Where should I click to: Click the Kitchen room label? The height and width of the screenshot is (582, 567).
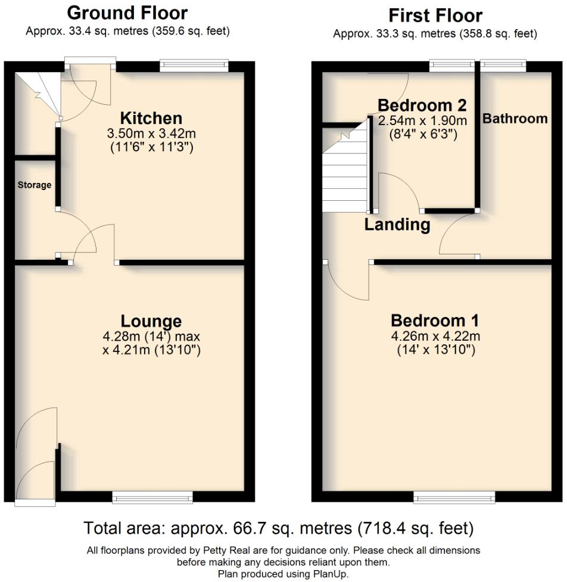coord(151,117)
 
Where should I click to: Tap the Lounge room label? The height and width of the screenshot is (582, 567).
coord(151,321)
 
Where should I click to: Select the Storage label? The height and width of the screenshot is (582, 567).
coord(34,185)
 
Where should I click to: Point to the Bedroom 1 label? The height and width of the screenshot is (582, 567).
coord(435,320)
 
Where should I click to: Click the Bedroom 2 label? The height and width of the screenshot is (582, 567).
coord(422,105)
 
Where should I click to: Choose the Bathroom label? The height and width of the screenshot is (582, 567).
coord(515,119)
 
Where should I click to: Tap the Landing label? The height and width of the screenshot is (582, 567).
coord(397,225)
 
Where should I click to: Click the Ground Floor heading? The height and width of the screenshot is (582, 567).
coord(127,13)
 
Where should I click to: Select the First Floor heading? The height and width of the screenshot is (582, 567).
coord(435,15)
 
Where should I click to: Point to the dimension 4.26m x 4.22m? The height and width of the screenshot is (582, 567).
coord(435,336)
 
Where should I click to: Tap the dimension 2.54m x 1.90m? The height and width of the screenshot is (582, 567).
coord(422,121)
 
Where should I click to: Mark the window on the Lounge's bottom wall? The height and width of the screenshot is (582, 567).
coord(152,497)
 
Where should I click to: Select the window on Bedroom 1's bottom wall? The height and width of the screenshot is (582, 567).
coord(454,497)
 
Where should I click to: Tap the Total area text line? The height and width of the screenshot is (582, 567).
coord(278,528)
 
